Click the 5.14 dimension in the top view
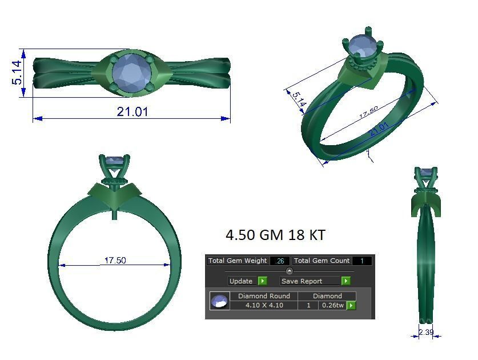click(x=17, y=73)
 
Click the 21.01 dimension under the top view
click(x=132, y=112)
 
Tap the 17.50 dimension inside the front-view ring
click(x=115, y=261)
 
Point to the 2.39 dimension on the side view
click(x=426, y=332)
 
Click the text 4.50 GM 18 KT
click(x=275, y=235)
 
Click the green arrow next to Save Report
click(x=346, y=281)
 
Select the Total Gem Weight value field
click(x=280, y=261)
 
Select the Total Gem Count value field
click(x=362, y=261)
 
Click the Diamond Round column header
click(x=264, y=296)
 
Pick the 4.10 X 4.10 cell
click(x=264, y=305)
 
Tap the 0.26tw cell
click(x=332, y=305)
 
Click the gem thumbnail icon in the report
click(x=219, y=301)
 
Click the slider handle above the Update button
click(x=289, y=271)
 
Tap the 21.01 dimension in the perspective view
click(x=379, y=130)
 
